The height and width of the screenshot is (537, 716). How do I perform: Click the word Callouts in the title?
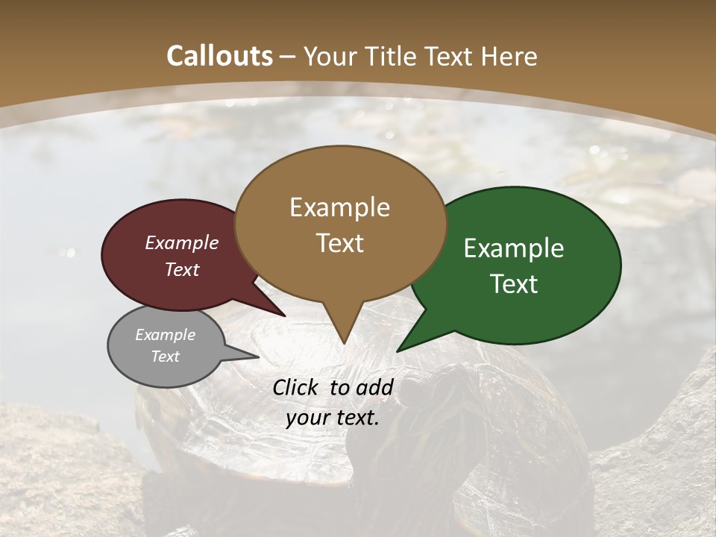pyautogui.click(x=219, y=56)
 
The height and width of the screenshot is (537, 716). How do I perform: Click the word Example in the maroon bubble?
pyautogui.click(x=182, y=242)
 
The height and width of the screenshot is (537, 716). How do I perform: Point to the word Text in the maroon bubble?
pyautogui.click(x=182, y=269)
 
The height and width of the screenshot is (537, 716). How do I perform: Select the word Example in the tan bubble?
pyautogui.click(x=339, y=207)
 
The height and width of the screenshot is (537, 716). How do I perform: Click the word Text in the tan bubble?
pyautogui.click(x=339, y=243)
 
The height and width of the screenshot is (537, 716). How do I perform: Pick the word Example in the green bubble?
pyautogui.click(x=514, y=248)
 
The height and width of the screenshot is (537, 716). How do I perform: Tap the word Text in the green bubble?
pyautogui.click(x=514, y=284)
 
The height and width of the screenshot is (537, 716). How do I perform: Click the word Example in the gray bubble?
pyautogui.click(x=166, y=335)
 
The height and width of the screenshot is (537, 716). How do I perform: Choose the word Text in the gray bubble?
pyautogui.click(x=166, y=357)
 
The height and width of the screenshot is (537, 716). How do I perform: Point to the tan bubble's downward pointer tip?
pyautogui.click(x=344, y=343)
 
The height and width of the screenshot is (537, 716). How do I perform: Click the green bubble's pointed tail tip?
pyautogui.click(x=397, y=351)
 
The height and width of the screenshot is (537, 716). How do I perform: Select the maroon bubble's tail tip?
pyautogui.click(x=286, y=316)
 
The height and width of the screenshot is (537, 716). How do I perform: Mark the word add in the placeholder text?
pyautogui.click(x=374, y=387)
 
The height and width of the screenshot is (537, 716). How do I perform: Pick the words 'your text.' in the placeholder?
pyautogui.click(x=333, y=418)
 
